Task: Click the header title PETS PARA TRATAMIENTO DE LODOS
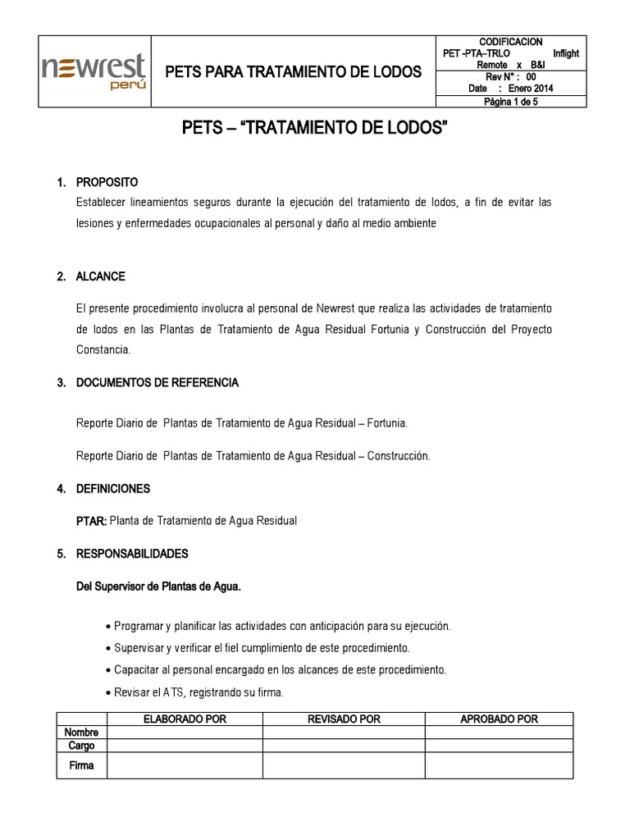293,72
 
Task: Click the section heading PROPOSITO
107,182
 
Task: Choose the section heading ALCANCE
100,276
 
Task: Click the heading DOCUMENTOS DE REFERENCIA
157,383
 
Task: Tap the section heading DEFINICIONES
112,489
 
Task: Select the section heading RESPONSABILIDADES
131,554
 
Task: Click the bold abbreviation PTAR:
91,521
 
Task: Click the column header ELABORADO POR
185,719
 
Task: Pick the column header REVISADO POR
343,719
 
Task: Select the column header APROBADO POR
499,719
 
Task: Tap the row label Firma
81,765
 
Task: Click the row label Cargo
81,746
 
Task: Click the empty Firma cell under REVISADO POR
343,765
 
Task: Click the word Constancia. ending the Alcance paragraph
103,350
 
